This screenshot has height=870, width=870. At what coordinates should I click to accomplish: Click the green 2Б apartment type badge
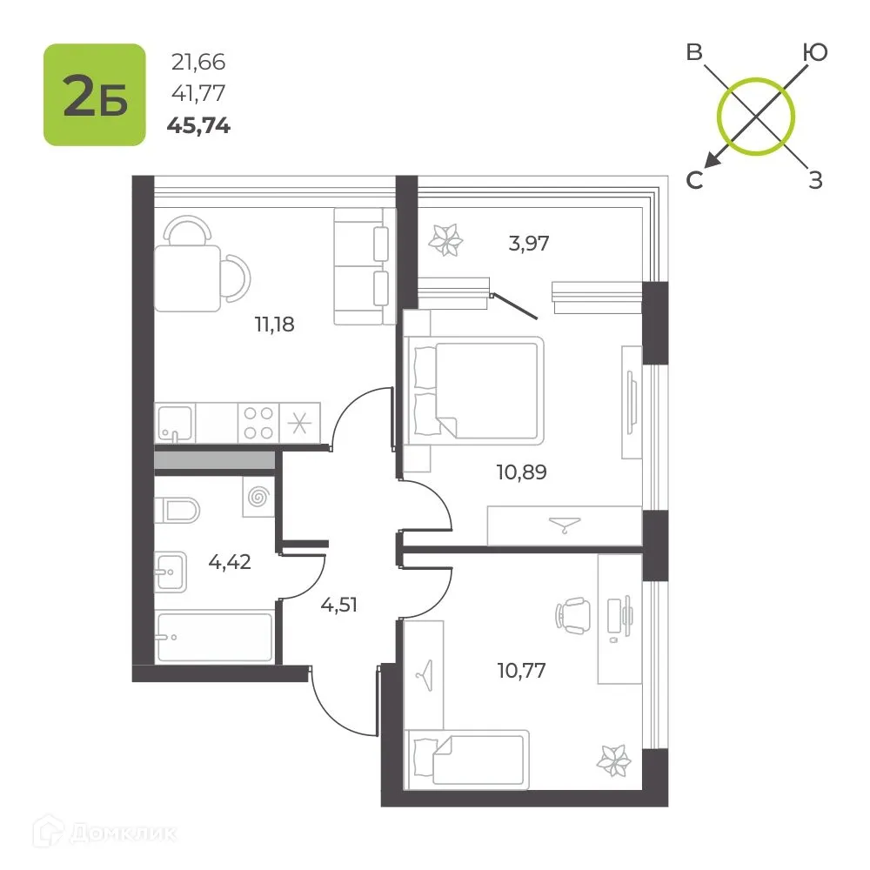click(x=95, y=95)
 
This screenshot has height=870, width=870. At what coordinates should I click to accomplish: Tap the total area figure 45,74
click(x=198, y=126)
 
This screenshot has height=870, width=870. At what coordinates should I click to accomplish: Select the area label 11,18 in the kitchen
click(x=275, y=324)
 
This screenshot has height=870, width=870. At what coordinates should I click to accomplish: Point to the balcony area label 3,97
click(x=529, y=243)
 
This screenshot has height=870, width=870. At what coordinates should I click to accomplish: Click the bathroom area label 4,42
click(x=230, y=562)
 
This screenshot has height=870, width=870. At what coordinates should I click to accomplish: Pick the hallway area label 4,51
click(x=339, y=605)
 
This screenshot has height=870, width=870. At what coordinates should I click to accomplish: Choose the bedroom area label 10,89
click(x=521, y=472)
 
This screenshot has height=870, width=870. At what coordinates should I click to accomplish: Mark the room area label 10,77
click(x=521, y=670)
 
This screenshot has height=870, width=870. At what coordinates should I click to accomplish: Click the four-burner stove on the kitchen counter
click(x=258, y=423)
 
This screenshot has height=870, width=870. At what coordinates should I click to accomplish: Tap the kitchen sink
click(x=176, y=424)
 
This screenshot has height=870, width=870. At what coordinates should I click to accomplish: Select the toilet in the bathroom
click(x=177, y=511)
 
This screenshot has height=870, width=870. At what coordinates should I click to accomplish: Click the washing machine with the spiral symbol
click(x=258, y=497)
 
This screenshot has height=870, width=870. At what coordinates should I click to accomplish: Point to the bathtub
click(x=215, y=637)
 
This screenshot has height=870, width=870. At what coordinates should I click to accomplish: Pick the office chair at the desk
click(x=572, y=615)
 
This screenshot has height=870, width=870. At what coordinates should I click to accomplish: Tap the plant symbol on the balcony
click(x=445, y=240)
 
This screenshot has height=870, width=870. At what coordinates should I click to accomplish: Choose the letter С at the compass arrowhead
click(x=694, y=180)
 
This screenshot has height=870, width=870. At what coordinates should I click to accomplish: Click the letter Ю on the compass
click(x=815, y=53)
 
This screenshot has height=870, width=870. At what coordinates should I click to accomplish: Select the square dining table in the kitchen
click(x=188, y=278)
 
